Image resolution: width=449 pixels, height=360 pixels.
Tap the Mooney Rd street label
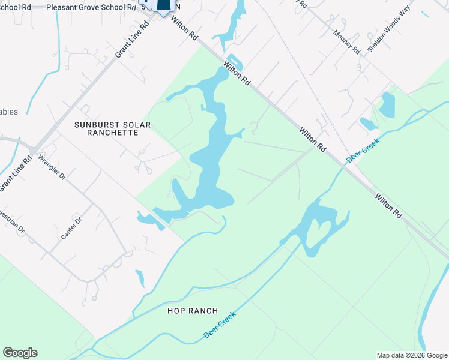[x=346, y=42]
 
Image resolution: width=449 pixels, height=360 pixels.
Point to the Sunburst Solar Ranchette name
[x=112, y=129]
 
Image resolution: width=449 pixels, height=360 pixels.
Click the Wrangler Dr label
[x=52, y=167]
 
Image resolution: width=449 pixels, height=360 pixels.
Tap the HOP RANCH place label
[x=193, y=311]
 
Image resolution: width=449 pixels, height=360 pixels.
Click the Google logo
[x=20, y=353]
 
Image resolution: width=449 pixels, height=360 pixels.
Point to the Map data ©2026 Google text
[x=412, y=355]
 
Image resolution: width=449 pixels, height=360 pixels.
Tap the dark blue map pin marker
[x=163, y=5]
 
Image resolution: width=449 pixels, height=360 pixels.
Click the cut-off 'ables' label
[x=9, y=112]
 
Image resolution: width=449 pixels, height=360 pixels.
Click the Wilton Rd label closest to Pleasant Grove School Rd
[x=184, y=28]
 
